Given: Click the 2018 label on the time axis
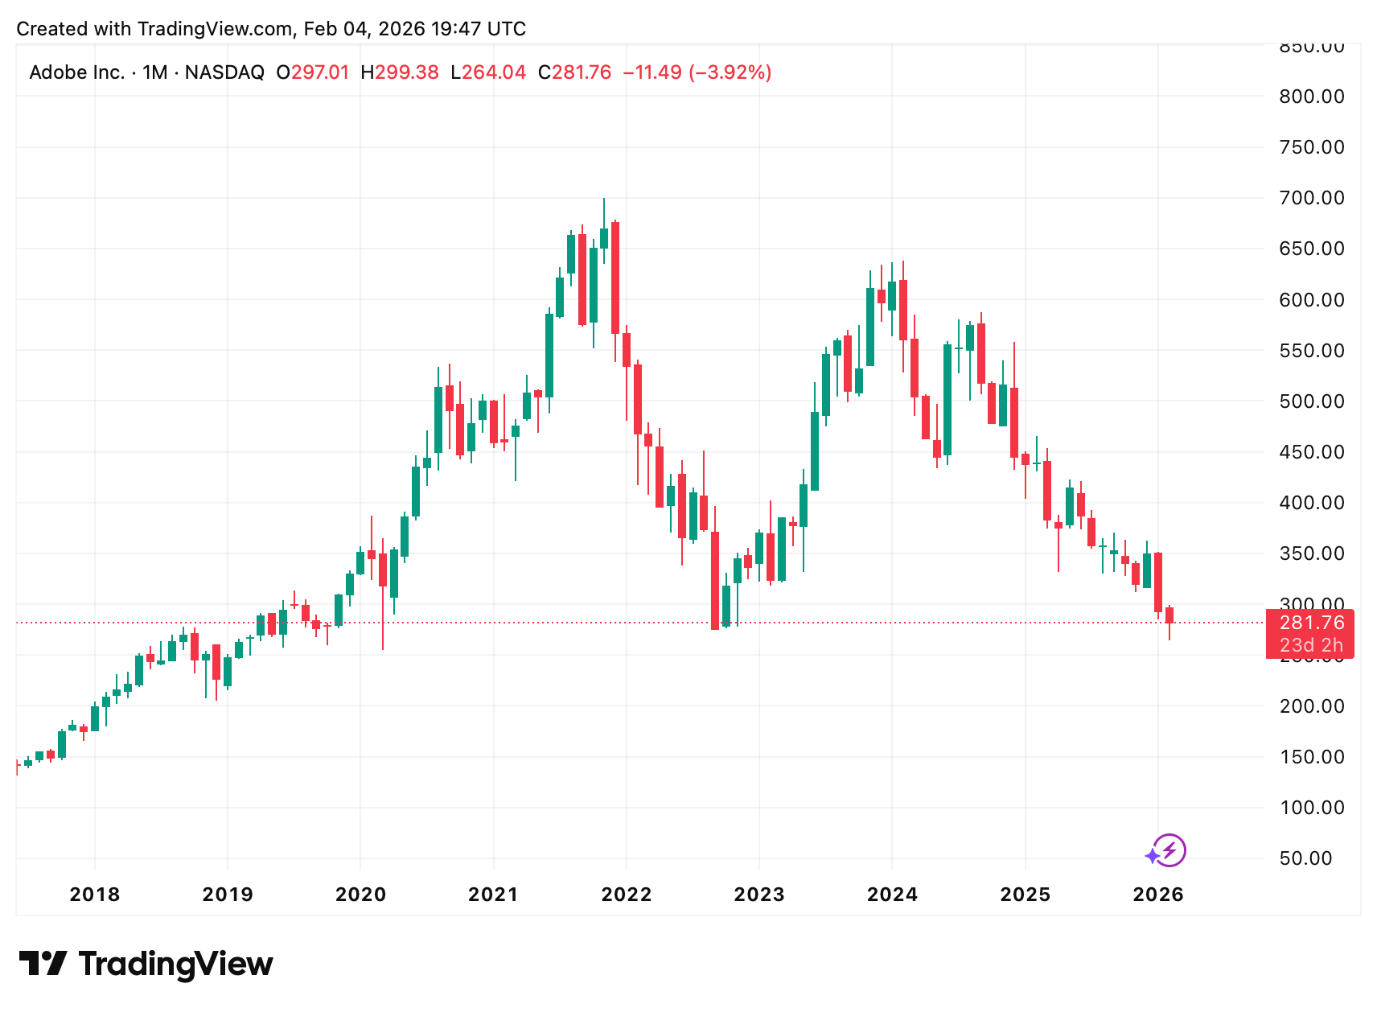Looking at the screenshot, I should (x=94, y=894).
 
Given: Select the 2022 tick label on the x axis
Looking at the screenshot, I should (x=626, y=894).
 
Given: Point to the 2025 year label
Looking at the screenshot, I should (x=1025, y=894).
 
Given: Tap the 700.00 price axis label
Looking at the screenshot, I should (x=1311, y=198).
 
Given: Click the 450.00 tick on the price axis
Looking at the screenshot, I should (x=1311, y=452).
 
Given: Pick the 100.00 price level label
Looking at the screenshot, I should (x=1311, y=808).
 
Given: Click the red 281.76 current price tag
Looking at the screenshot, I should (x=1311, y=623).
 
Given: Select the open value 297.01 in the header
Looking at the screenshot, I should (x=320, y=72).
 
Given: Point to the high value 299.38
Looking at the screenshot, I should (x=407, y=72).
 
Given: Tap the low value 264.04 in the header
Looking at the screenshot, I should (x=494, y=72).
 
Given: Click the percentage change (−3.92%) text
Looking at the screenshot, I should (x=728, y=72).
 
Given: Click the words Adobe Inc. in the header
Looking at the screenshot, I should (x=76, y=72).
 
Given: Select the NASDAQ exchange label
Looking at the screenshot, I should (x=224, y=72).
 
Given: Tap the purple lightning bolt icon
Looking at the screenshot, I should (x=1168, y=850).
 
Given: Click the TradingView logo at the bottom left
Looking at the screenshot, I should (x=146, y=964).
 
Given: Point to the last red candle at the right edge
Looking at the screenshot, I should (x=1169, y=615).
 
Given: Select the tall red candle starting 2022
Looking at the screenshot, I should (x=615, y=278).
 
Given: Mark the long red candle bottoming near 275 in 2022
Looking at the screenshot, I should (x=715, y=579).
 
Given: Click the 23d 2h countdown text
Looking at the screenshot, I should (x=1311, y=645).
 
